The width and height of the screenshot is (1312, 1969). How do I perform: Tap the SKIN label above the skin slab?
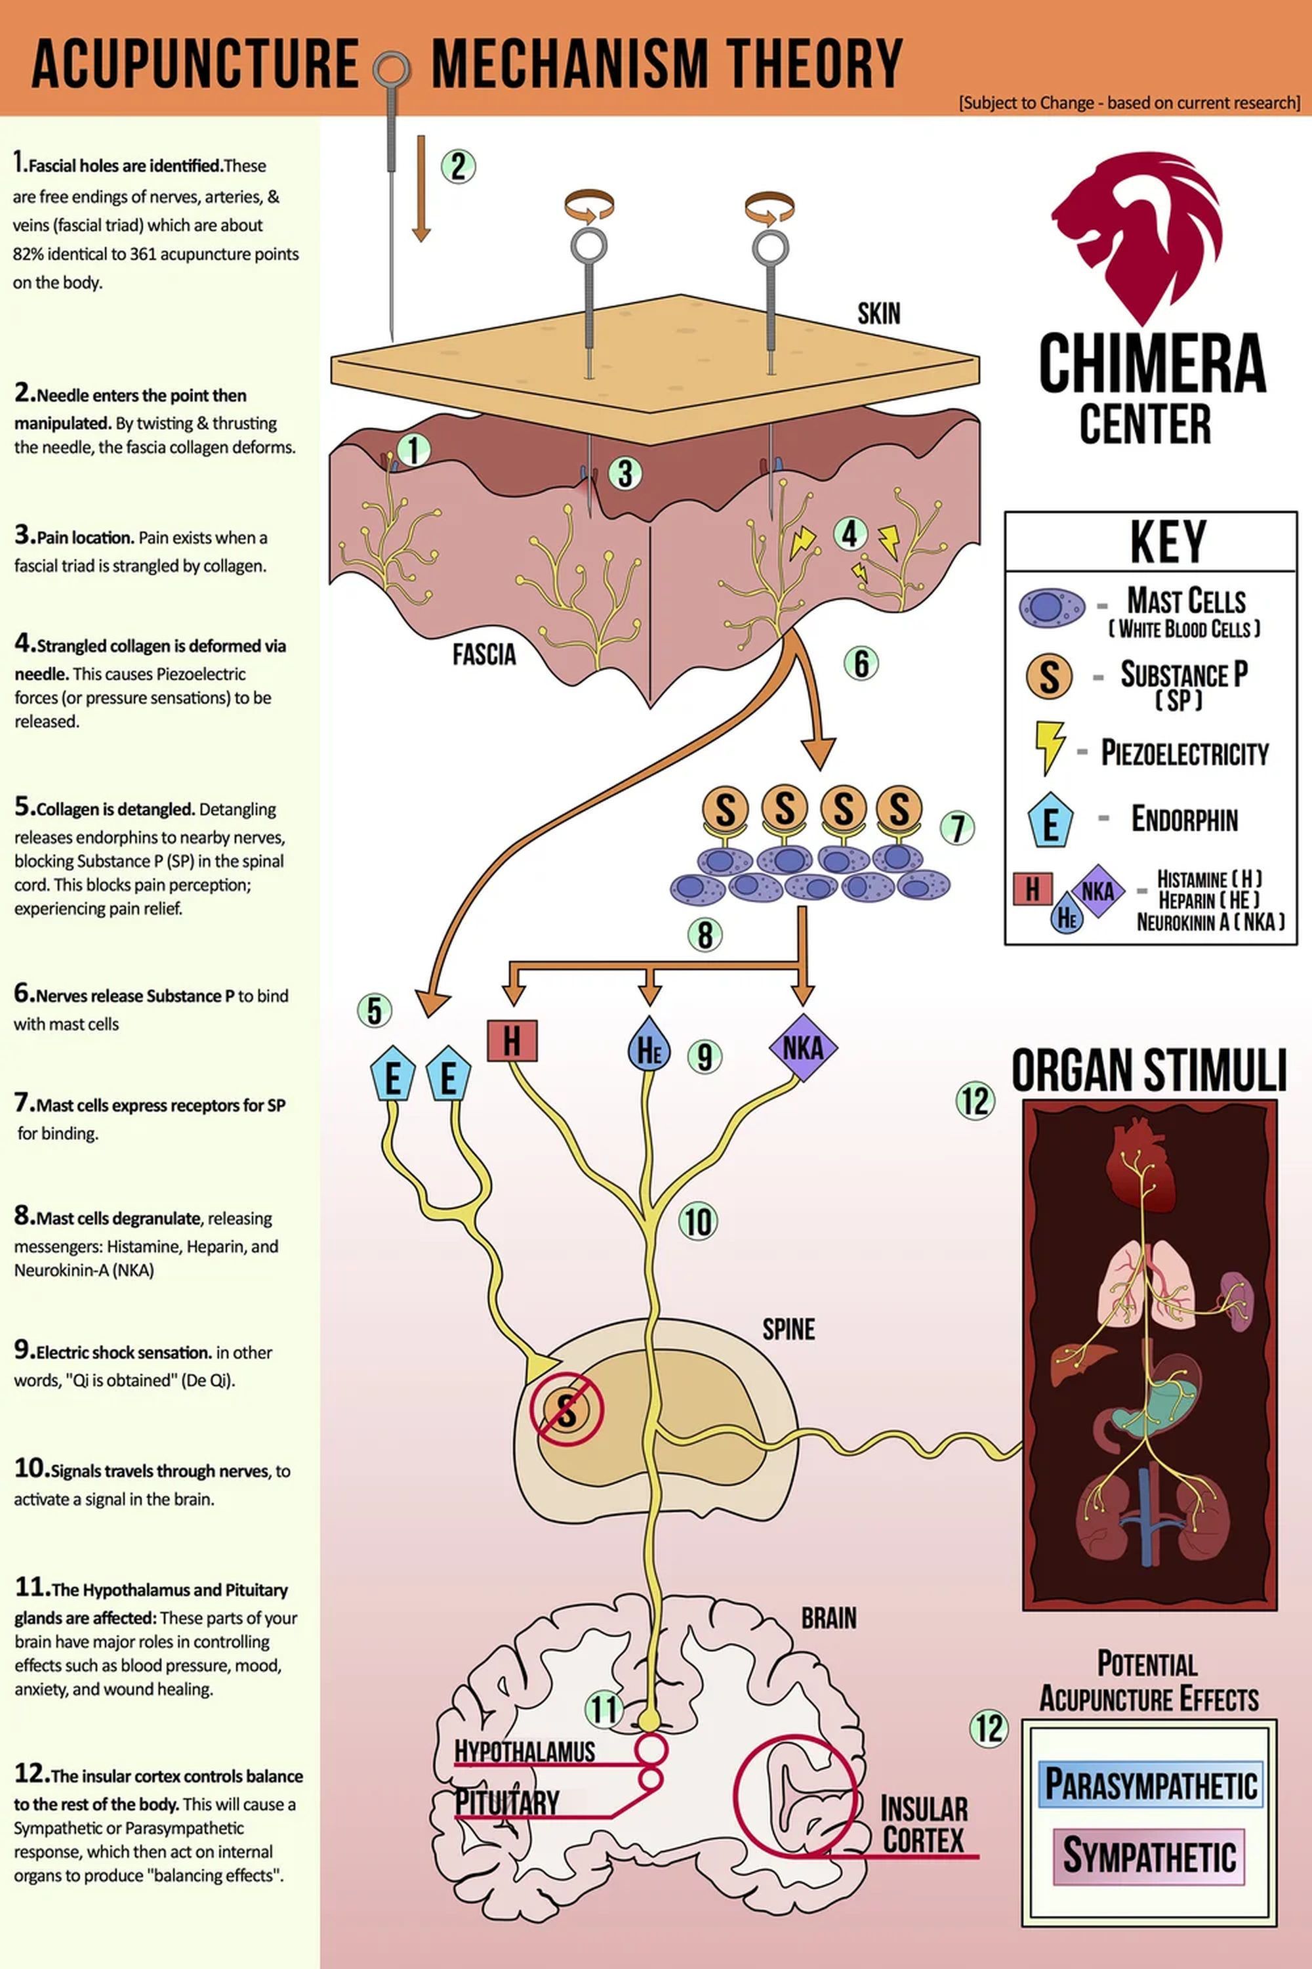click(878, 313)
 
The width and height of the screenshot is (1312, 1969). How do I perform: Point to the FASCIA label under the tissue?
click(483, 654)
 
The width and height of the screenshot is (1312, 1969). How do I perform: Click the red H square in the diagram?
click(511, 1040)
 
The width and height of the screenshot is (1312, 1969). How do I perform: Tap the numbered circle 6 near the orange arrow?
click(861, 663)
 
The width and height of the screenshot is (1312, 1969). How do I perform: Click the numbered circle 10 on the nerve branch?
click(698, 1221)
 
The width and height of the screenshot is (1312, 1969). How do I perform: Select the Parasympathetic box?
click(1150, 1783)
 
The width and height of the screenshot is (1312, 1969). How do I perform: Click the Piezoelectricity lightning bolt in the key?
click(1049, 747)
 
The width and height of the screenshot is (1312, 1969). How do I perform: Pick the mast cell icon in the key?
click(1051, 607)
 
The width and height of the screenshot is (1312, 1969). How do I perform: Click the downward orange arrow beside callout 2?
click(421, 189)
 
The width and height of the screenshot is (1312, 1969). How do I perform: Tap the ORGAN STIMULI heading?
click(1148, 1070)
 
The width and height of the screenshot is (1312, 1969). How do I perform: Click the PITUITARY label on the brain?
click(507, 1802)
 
